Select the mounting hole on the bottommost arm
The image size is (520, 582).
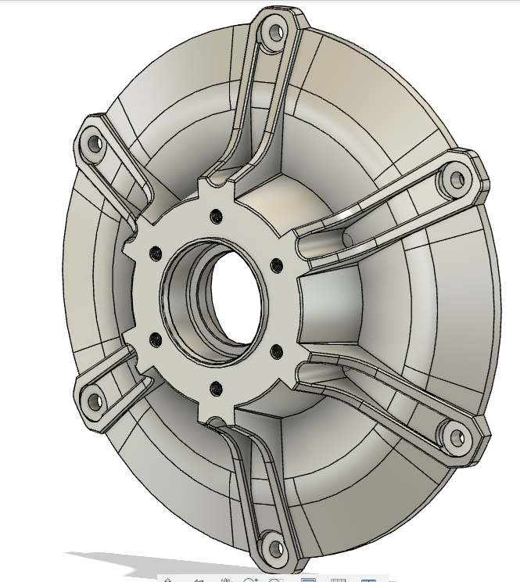pos(271,542)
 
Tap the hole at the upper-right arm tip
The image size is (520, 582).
pos(451,181)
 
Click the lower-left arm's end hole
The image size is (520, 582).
pos(95,401)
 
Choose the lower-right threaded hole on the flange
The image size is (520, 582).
pos(276,350)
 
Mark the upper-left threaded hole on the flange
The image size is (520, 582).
pos(155,252)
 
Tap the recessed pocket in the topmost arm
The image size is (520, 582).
pos(254,102)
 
